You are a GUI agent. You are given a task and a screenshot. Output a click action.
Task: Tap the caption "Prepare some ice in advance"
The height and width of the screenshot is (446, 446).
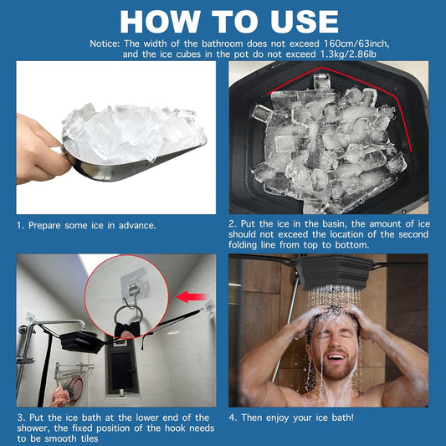[86, 225]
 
